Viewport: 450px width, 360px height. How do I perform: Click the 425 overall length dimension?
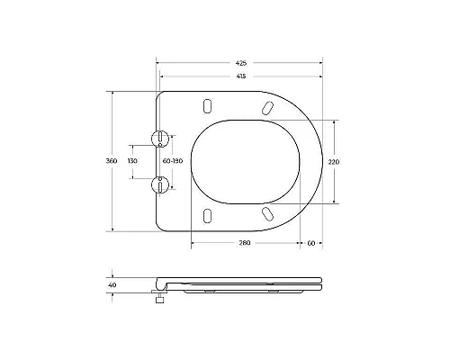point(240,64)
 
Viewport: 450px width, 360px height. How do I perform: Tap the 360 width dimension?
point(112,160)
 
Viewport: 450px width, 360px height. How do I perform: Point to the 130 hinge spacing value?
point(132,160)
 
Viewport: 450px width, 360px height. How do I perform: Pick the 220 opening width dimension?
point(335,161)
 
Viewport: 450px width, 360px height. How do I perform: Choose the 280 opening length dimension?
point(244,243)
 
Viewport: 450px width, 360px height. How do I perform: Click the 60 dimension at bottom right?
point(310,243)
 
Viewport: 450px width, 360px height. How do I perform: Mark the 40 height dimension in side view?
point(112,285)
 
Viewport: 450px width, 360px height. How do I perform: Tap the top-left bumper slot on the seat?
point(208,103)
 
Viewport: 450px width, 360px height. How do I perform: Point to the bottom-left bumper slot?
point(208,216)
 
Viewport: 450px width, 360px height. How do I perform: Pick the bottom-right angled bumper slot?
point(267,212)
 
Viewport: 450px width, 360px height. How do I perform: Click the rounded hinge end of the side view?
point(160,282)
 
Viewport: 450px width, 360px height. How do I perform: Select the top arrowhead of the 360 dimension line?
point(112,93)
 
